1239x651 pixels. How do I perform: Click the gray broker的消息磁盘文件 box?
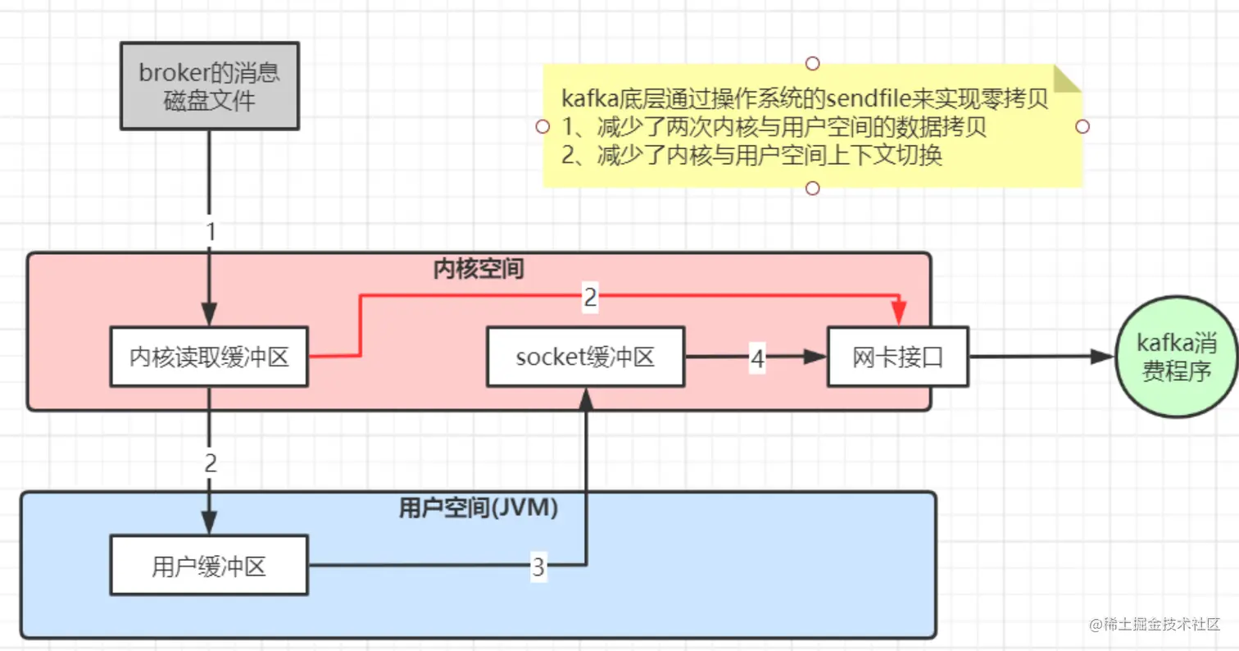[x=209, y=86]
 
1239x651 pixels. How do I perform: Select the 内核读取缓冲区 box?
[x=209, y=357]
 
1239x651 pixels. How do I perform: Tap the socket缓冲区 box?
[x=586, y=357]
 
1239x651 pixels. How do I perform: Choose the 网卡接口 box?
[x=897, y=357]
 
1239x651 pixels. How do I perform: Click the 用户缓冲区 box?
[x=209, y=566]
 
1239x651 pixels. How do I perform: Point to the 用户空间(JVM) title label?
[x=479, y=509]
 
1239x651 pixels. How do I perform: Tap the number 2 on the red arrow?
[x=590, y=298]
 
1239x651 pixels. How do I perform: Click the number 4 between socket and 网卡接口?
[x=757, y=357]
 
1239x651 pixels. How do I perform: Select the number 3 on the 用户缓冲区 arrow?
[x=538, y=567]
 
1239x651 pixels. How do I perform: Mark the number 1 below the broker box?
[x=211, y=231]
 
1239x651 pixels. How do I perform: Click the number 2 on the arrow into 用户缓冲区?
[x=211, y=463]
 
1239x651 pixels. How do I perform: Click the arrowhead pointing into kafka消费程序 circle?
[x=1103, y=357]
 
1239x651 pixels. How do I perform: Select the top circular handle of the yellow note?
[x=812, y=63]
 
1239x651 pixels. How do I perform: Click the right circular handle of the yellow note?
[x=1082, y=126]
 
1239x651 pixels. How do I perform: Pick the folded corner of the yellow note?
[x=1067, y=80]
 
